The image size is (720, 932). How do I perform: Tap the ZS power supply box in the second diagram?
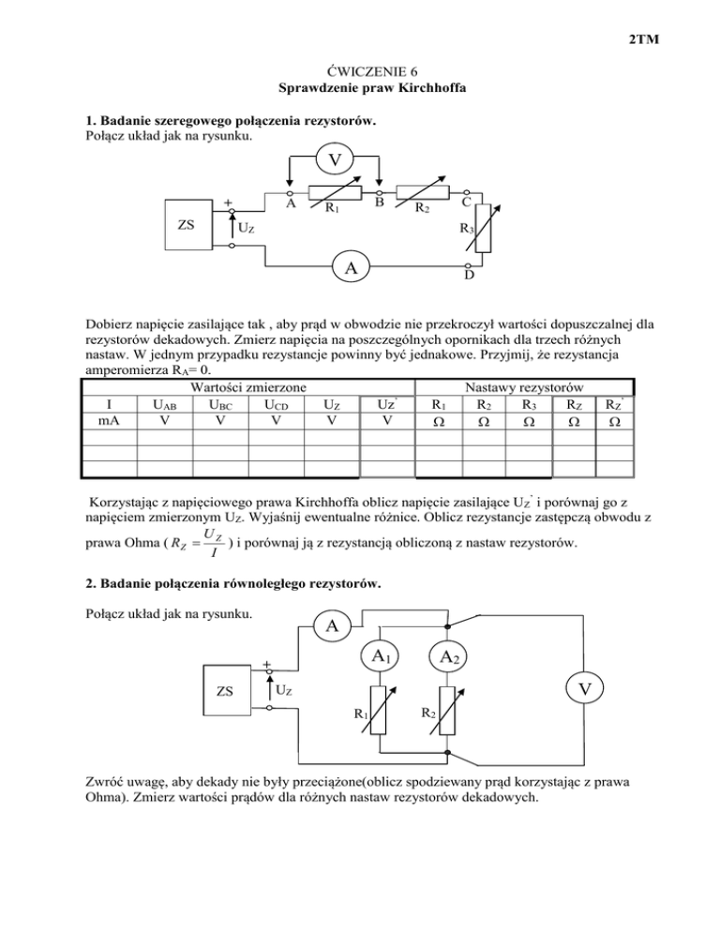(x=226, y=692)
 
